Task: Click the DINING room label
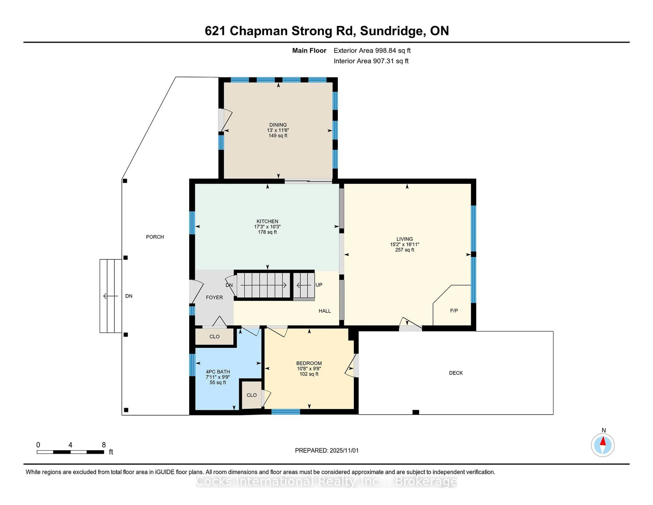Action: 278,125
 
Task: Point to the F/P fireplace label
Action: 454,311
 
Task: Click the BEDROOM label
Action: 309,363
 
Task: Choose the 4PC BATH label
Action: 218,372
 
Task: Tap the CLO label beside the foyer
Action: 214,337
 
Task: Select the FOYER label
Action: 214,297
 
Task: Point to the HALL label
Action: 324,311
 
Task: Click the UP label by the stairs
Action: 319,285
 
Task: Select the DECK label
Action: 456,373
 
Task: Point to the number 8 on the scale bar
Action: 104,445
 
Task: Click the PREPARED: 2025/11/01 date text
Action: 326,451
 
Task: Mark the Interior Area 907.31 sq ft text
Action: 371,61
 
